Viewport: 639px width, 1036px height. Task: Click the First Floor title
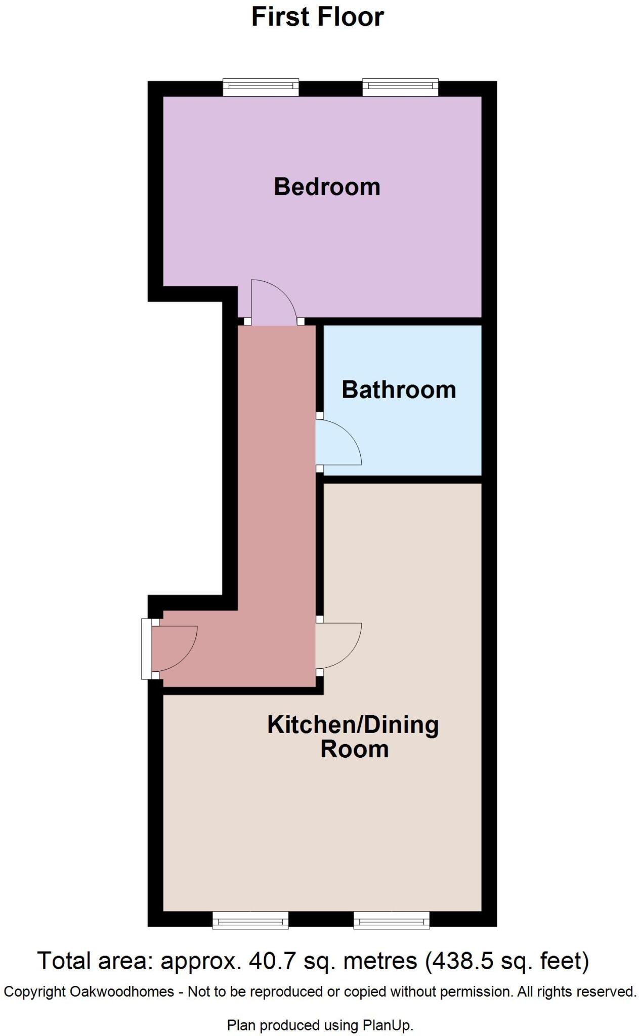point(317,17)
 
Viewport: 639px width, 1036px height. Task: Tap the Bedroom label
point(327,187)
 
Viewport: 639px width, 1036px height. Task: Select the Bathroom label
point(399,390)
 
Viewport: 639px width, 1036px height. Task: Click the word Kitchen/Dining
point(353,724)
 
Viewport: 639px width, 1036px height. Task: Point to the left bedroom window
point(261,88)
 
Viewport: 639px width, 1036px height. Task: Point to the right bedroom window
point(400,88)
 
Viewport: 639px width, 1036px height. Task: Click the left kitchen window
point(250,920)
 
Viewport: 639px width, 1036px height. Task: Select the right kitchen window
point(392,920)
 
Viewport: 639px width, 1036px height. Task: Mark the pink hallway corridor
point(277,481)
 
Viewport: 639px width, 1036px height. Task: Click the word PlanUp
point(388,1025)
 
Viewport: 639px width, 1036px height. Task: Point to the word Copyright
point(34,991)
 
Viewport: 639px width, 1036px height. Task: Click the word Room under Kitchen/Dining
point(354,749)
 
